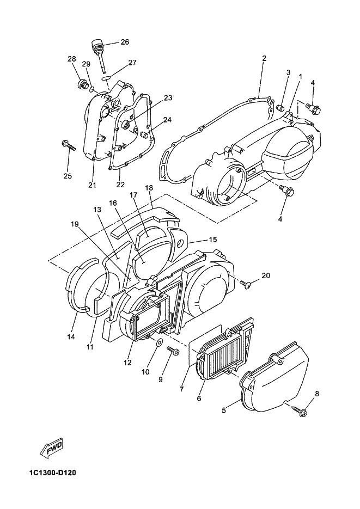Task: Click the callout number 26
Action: pyautogui.click(x=125, y=42)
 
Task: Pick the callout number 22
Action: pyautogui.click(x=120, y=185)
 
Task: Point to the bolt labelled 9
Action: pyautogui.click(x=172, y=351)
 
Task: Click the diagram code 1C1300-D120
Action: pyautogui.click(x=52, y=473)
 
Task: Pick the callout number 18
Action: pyautogui.click(x=149, y=188)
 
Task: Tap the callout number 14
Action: pyautogui.click(x=71, y=337)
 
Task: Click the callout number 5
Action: pyautogui.click(x=224, y=410)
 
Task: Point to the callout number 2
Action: pyautogui.click(x=264, y=58)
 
